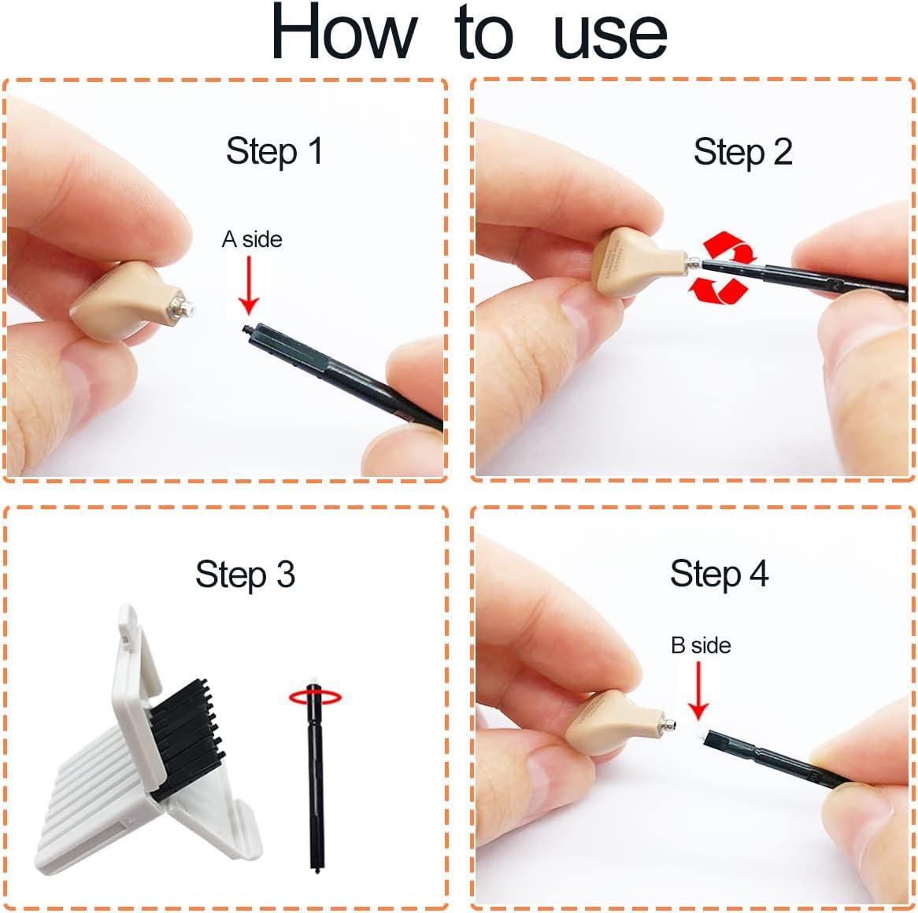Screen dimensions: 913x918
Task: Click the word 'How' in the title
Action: (x=342, y=33)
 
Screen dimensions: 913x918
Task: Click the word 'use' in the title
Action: (x=610, y=35)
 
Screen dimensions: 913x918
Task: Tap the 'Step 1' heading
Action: (x=274, y=150)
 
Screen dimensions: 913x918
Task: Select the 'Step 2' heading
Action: (x=742, y=151)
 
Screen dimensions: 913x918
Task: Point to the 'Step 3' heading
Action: (x=245, y=574)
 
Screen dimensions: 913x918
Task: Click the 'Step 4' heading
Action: (x=719, y=573)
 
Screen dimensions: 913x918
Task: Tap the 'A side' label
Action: (x=252, y=239)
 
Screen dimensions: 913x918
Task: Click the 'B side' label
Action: (x=701, y=645)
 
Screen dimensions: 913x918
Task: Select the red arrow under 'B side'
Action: (x=698, y=690)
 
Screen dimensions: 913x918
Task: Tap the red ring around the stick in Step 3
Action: (x=315, y=697)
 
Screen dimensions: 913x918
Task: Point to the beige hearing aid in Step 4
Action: (x=606, y=720)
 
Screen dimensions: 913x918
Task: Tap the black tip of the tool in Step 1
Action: (x=247, y=327)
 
